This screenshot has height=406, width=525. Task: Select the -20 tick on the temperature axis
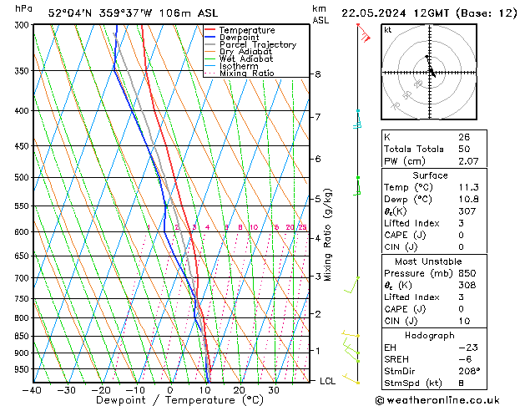coord(101,390)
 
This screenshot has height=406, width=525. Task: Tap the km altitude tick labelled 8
coord(317,74)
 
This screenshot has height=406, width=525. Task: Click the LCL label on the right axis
coord(329,381)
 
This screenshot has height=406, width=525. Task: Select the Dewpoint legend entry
coord(241,38)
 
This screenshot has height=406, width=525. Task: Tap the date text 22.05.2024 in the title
coord(381,13)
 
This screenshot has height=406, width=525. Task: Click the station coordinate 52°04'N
coord(68,13)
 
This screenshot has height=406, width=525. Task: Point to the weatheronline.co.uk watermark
coord(448,399)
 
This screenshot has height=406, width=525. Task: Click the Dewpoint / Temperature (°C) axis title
coord(169,401)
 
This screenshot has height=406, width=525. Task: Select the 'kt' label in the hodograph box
coord(387,30)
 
